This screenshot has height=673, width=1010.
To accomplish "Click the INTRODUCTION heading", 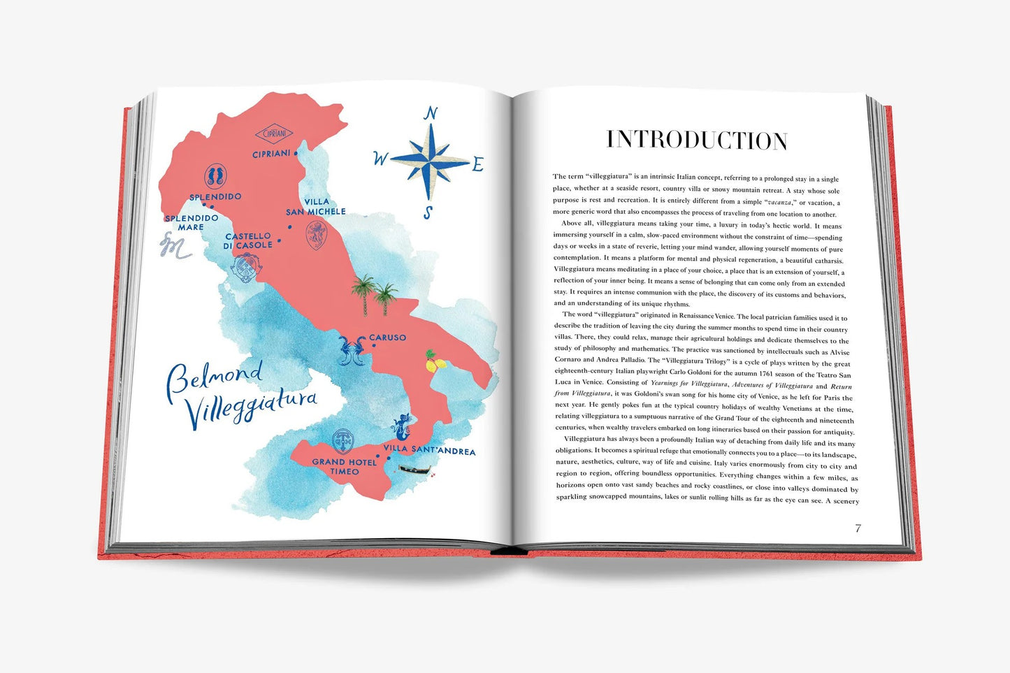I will pyautogui.click(x=697, y=140).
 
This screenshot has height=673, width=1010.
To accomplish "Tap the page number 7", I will pyautogui.click(x=858, y=528).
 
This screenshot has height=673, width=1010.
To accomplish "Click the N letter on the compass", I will pyautogui.click(x=431, y=114).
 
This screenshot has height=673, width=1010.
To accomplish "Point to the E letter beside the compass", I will pyautogui.click(x=478, y=165).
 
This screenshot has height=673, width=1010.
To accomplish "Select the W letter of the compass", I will pyautogui.click(x=380, y=159).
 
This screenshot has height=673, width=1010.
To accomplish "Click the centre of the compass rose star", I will pyautogui.click(x=430, y=161).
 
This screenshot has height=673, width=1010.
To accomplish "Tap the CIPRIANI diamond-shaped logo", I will pyautogui.click(x=273, y=134).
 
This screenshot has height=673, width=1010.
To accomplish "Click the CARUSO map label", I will pyautogui.click(x=387, y=338).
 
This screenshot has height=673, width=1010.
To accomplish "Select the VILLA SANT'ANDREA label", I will pyautogui.click(x=429, y=451).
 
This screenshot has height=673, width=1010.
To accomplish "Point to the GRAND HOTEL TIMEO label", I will pyautogui.click(x=345, y=466).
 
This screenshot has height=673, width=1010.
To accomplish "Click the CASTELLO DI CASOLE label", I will pyautogui.click(x=248, y=241).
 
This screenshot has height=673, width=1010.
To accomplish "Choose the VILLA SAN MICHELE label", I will pyautogui.click(x=316, y=207).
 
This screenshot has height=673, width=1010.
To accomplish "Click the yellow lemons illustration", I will pyautogui.click(x=435, y=361).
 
